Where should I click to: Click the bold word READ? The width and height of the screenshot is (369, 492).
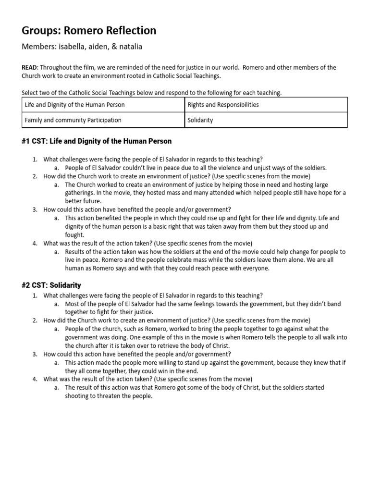[29, 68]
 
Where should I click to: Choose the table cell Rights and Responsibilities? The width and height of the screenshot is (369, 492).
[223, 105]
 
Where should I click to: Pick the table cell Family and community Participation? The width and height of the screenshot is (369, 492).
[74, 120]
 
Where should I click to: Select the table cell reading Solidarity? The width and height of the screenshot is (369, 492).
[201, 120]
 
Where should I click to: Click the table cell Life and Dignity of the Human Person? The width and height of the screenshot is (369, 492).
[75, 105]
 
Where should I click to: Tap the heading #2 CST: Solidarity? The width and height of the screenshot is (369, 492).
[51, 285]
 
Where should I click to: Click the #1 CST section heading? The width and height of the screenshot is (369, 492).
[97, 141]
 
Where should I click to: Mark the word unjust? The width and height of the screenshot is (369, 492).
[262, 168]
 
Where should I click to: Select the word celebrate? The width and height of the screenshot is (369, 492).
[167, 260]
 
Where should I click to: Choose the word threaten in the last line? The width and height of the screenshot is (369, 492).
[116, 396]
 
